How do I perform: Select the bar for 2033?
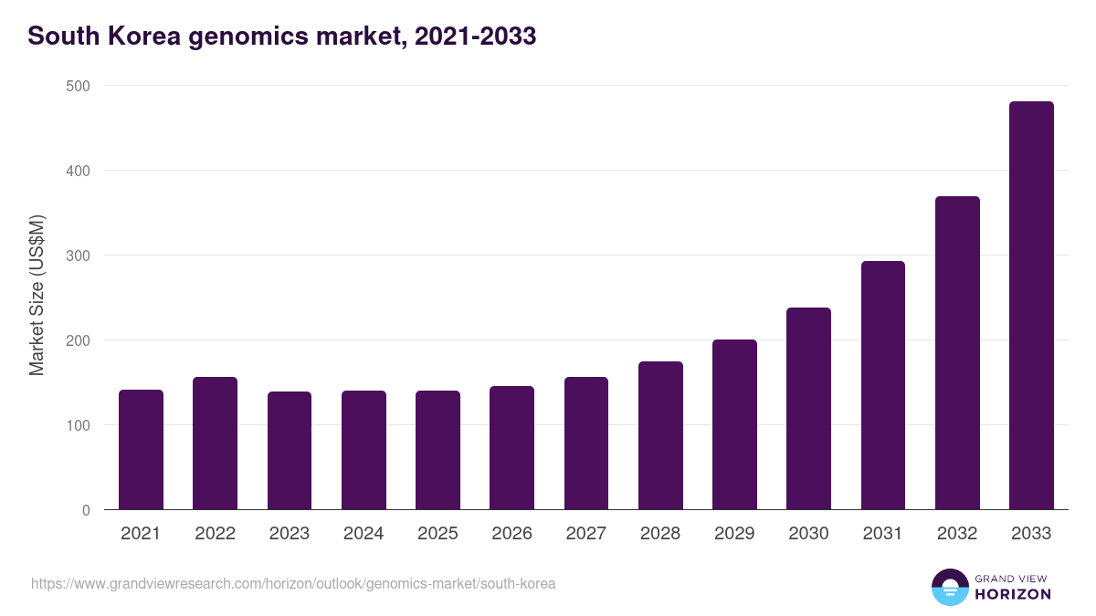(1031, 306)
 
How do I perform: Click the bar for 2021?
(141, 450)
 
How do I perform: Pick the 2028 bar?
(660, 435)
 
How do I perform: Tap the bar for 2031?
(883, 385)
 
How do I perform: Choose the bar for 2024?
(364, 450)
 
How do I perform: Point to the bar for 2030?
(808, 409)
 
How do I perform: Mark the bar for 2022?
(215, 444)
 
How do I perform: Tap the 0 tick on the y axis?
(86, 510)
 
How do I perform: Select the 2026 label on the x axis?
(511, 534)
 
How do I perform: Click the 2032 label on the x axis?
(957, 534)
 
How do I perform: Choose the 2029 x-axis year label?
(734, 534)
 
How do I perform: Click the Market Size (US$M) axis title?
(37, 296)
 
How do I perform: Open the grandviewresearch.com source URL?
(293, 583)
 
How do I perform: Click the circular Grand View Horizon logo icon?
(949, 587)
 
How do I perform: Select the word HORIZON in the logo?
(1013, 594)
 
